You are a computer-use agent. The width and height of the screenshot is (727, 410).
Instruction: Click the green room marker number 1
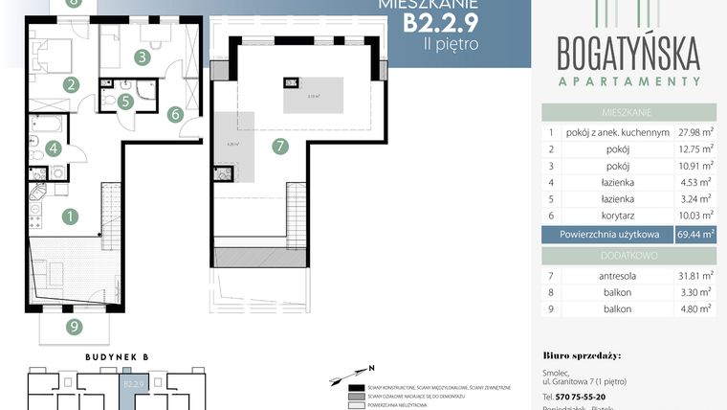(70, 216)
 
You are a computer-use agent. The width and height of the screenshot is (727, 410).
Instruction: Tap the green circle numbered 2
(71, 83)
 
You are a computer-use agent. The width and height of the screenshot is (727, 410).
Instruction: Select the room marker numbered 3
(142, 57)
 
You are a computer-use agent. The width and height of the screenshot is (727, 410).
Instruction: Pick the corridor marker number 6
(175, 114)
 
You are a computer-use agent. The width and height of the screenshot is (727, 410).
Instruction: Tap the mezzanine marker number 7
(279, 147)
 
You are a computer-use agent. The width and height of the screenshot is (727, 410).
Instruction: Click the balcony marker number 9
(75, 327)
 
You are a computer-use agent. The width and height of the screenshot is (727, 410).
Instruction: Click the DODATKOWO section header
(628, 255)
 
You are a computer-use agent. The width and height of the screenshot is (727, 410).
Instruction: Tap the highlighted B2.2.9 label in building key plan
(132, 384)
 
